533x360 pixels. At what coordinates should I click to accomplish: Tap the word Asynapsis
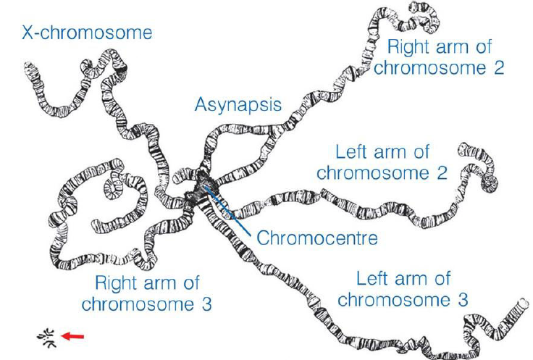click(238, 105)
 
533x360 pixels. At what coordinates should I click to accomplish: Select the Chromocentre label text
click(317, 238)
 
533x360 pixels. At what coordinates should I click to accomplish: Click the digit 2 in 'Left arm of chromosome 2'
click(442, 173)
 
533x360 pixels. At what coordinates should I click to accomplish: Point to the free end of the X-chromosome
click(29, 70)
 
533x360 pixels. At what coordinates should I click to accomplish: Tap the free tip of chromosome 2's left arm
click(464, 151)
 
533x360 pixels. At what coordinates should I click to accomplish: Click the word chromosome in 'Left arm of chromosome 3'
click(396, 299)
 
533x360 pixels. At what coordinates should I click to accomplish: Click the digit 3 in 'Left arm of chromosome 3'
click(462, 299)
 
